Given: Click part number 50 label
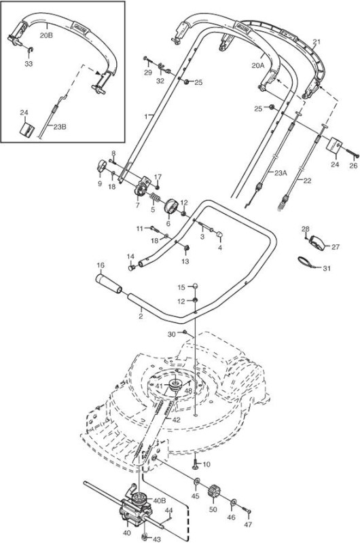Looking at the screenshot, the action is coord(213,509).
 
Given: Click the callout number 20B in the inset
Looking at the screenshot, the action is coord(46,35).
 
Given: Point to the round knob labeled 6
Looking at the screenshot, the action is coord(170,207).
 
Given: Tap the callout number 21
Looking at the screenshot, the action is coord(317,42).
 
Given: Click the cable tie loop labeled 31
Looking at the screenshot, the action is coord(306,262).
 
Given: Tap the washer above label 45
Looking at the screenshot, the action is coord(196,482).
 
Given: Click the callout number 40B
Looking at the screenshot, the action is coord(160,501).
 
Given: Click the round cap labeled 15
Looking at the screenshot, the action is coord(195,286).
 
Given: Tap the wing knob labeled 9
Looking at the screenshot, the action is coord(101,166).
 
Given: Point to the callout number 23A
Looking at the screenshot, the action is coord(281,173).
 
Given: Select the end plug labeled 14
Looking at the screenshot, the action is coord(131,267).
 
